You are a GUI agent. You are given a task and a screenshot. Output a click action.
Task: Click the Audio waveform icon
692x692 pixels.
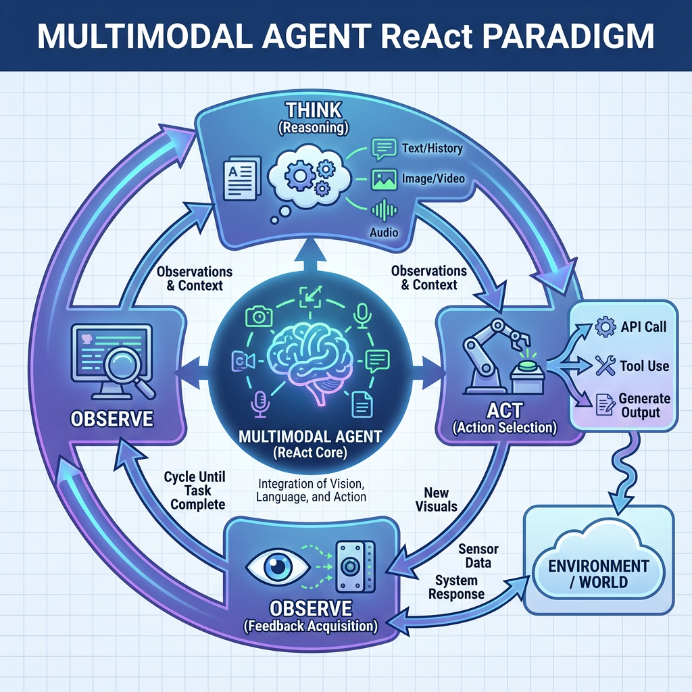pyautogui.click(x=383, y=210)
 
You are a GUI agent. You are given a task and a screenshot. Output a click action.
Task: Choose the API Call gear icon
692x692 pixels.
pyautogui.click(x=604, y=328)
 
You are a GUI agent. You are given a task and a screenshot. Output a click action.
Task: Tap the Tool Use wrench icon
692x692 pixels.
pyautogui.click(x=603, y=366)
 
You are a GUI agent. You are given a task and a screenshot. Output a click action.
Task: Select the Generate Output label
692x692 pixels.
pyautogui.click(x=645, y=405)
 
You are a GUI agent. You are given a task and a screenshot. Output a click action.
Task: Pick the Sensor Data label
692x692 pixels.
pyautogui.click(x=474, y=555)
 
